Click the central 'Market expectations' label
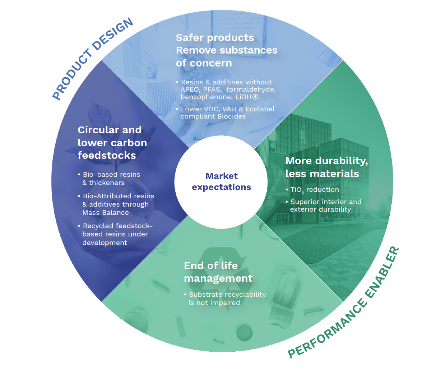[221, 181]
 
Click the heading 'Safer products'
[215, 37]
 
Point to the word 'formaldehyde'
[251, 89]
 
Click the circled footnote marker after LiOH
[255, 97]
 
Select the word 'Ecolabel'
[260, 109]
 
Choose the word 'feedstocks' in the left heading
[107, 155]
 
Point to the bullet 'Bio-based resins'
[111, 175]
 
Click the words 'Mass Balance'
[106, 213]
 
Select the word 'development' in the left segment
[105, 243]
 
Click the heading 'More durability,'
[326, 161]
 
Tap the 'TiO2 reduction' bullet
[314, 190]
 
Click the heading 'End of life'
[211, 266]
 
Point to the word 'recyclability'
[246, 295]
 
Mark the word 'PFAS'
[212, 89]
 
